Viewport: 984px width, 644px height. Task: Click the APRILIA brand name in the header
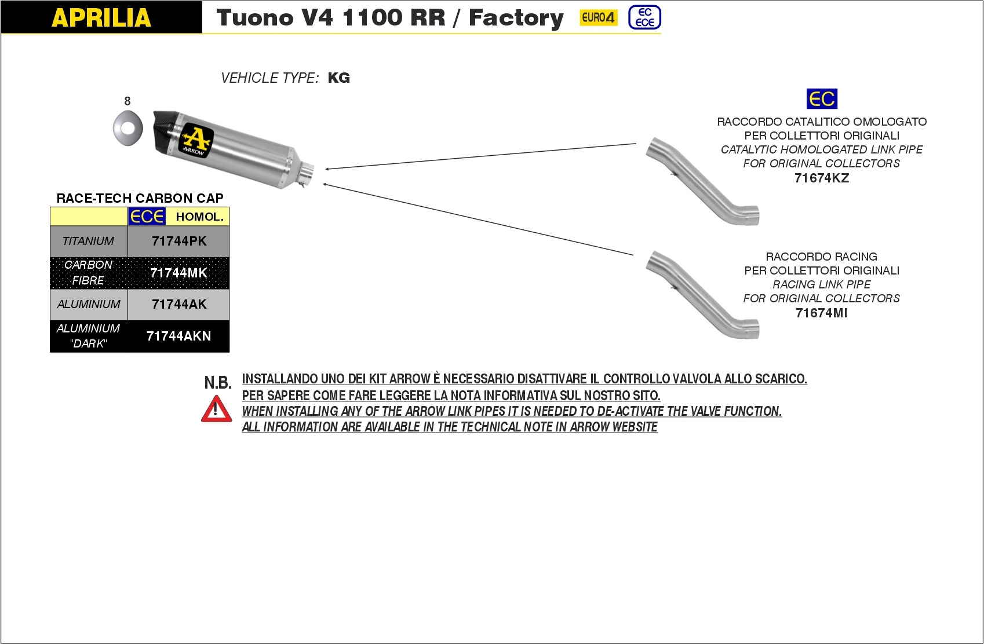pos(101,17)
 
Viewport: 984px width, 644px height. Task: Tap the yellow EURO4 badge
pos(598,17)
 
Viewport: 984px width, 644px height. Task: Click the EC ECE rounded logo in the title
pos(644,17)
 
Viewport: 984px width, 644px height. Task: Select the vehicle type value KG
pos(339,78)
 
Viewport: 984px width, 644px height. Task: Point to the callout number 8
pos(127,101)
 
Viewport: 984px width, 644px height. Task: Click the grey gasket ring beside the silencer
pos(128,127)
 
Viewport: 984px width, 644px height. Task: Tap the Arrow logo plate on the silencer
pos(195,140)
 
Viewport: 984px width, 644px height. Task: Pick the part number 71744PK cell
pos(179,241)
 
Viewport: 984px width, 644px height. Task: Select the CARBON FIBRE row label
pos(89,273)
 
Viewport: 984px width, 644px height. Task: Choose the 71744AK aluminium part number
pos(179,305)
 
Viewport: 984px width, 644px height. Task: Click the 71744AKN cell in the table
pos(179,336)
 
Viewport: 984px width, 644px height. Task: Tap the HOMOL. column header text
pos(199,217)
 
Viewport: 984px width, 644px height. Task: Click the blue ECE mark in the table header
pos(147,217)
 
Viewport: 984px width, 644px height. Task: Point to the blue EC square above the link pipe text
pos(822,99)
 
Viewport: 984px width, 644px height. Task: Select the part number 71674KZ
pos(822,178)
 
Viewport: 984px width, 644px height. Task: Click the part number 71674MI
pos(822,313)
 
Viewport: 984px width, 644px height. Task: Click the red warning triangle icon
pos(216,409)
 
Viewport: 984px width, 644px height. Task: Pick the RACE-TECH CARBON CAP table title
pos(140,198)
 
